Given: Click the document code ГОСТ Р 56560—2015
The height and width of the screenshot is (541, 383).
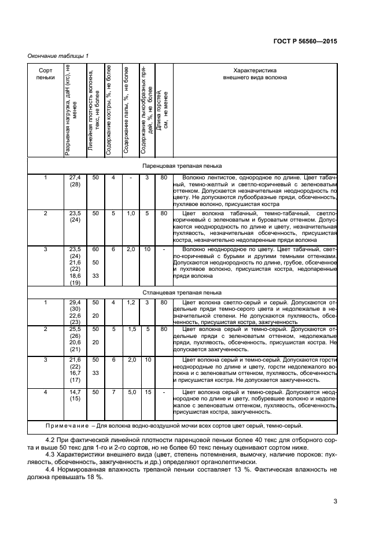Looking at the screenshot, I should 305,42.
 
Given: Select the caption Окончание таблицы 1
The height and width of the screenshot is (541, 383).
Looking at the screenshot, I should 58,56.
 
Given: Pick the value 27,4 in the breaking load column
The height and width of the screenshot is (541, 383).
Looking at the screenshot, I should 75,177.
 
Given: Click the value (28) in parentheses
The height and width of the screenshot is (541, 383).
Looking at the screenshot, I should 75,184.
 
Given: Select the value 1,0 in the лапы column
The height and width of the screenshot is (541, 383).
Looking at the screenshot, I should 131,213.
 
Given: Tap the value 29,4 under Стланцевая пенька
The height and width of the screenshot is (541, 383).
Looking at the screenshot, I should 75,302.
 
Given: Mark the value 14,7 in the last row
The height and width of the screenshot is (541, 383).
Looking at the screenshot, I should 75,392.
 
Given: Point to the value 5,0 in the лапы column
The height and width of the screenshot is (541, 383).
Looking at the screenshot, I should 131,392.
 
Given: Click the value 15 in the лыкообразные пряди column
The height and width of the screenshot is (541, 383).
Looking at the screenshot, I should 148,392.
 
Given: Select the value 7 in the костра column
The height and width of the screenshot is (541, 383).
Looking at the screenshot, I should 113,392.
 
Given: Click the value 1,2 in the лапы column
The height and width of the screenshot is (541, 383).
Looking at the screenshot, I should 131,302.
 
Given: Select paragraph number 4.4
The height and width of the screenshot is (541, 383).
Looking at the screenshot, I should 51,477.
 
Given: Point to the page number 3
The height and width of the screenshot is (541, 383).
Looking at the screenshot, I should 335,501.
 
